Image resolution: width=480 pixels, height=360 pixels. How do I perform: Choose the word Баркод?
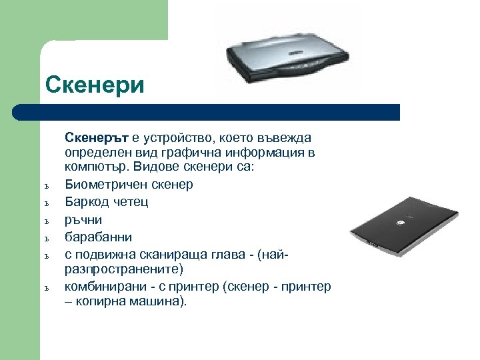coord(85,201)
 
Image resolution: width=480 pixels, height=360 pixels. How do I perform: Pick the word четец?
coord(129,201)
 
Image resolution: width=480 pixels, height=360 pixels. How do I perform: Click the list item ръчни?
coord(83,219)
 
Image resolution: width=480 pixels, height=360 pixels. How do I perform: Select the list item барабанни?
coord(97,237)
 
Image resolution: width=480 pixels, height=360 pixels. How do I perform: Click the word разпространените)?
coord(117,269)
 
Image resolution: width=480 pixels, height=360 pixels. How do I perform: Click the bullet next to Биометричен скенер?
coord(48,186)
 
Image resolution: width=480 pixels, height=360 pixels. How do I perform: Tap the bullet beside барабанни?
coord(48,238)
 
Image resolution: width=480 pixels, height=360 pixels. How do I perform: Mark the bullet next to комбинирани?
coord(48,288)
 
